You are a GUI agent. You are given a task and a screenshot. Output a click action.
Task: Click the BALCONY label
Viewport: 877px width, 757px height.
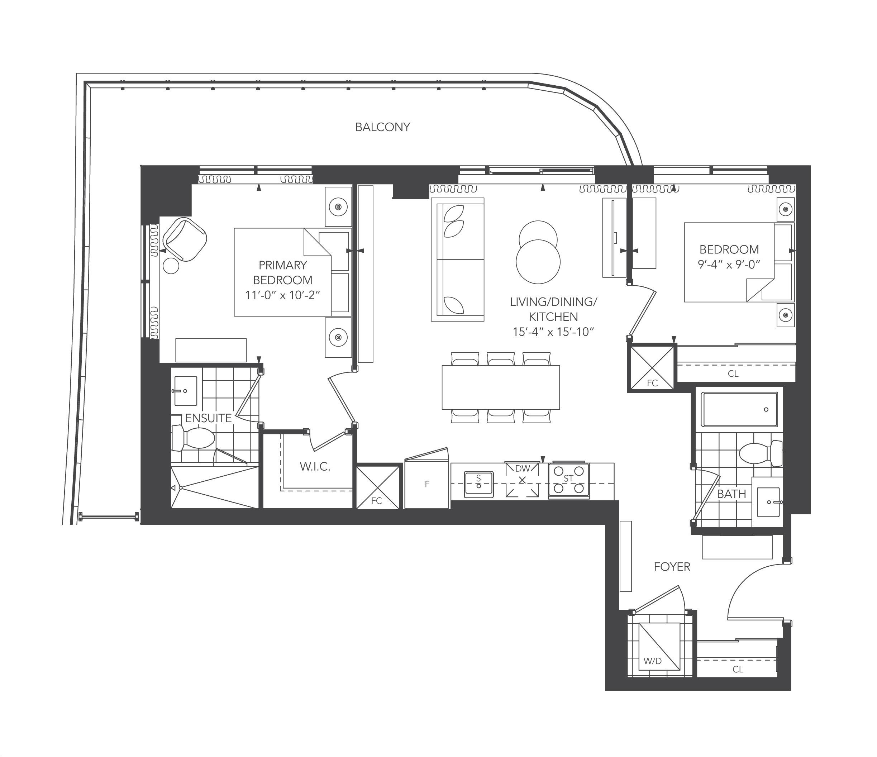click(x=383, y=127)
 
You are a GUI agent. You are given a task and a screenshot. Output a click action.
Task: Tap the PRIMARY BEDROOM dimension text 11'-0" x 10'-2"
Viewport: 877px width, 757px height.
click(x=282, y=295)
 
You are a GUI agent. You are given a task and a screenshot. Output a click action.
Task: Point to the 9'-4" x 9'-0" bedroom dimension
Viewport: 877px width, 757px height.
click(x=729, y=265)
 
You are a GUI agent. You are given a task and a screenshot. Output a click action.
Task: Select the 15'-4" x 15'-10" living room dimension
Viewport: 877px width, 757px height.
click(x=554, y=332)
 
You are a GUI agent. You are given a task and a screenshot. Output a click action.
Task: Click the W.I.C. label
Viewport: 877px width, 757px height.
click(x=315, y=467)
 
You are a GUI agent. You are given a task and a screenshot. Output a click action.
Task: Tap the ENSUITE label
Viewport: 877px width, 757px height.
click(x=208, y=418)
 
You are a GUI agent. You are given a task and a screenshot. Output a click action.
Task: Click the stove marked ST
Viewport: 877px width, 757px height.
click(x=568, y=480)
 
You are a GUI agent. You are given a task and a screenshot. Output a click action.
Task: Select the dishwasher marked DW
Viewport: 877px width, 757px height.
click(x=522, y=480)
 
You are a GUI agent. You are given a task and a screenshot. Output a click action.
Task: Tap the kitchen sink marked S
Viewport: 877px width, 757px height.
click(x=479, y=484)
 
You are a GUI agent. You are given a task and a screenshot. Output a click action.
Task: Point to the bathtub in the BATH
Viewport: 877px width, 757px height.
click(x=739, y=409)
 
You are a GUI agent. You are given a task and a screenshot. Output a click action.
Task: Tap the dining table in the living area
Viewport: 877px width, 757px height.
click(x=501, y=387)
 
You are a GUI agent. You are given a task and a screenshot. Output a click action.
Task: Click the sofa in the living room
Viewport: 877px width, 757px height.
click(x=458, y=260)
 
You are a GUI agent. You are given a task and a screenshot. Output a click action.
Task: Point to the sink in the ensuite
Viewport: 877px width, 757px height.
click(x=185, y=391)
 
